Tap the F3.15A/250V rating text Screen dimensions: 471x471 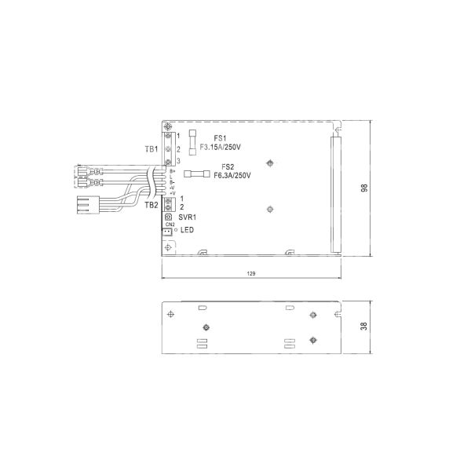[220, 147]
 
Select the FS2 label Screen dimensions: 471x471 [228, 166]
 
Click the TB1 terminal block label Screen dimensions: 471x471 [152, 148]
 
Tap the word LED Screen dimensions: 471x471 [187, 230]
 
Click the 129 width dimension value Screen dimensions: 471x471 [251, 272]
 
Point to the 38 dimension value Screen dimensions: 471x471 [363, 326]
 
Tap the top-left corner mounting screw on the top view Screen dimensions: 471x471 [167, 126]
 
